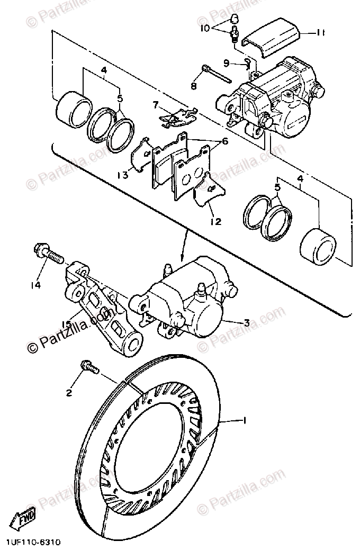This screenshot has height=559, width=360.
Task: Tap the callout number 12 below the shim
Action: coord(215,221)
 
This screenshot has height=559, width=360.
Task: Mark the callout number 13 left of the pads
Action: coord(122,175)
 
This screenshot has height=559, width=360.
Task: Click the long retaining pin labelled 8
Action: coord(217,74)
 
